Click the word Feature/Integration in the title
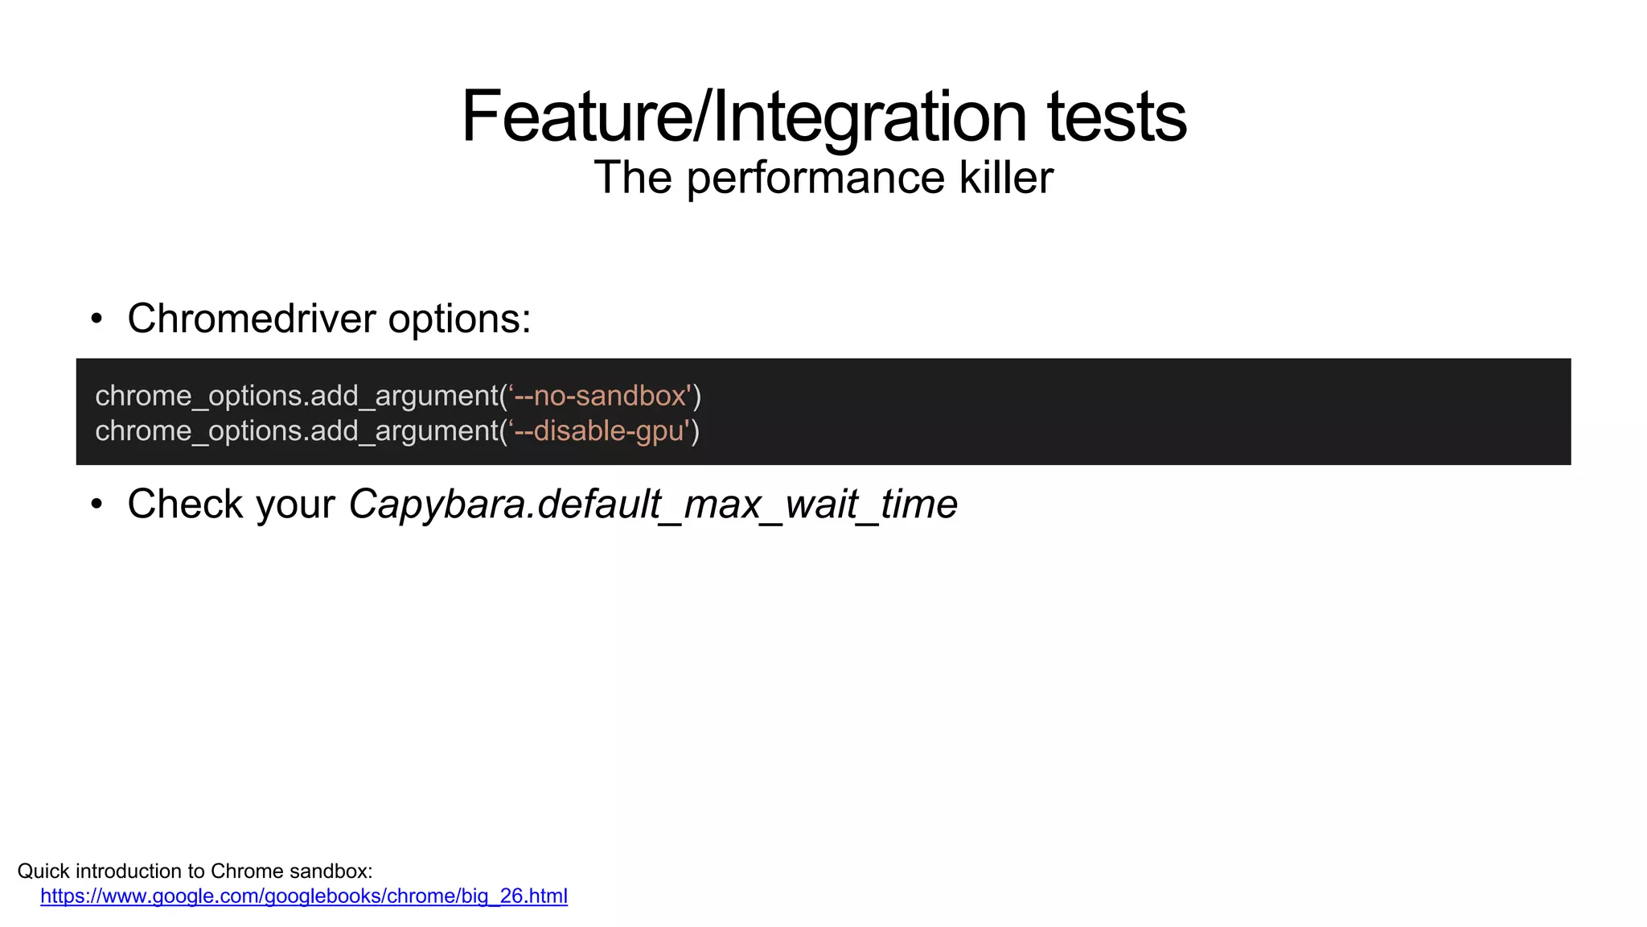tap(744, 117)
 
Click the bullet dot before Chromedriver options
tap(97, 319)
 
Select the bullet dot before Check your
tap(97, 505)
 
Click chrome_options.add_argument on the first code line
tap(297, 397)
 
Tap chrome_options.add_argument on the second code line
tap(297, 432)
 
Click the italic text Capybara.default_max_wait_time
tap(653, 505)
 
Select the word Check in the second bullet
tap(185, 505)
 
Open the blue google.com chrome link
tap(304, 896)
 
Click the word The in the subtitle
tap(633, 178)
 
